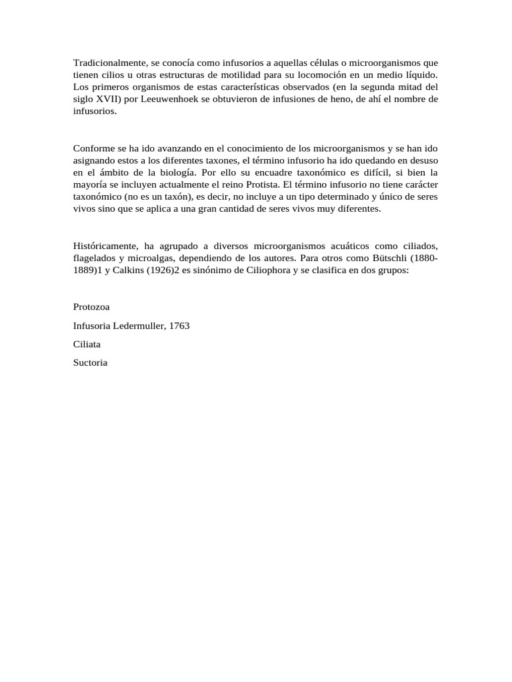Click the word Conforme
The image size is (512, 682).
93,148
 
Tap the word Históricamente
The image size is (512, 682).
107,245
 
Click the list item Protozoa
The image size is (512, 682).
91,307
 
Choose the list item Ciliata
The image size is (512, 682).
87,344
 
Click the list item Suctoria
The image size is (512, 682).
90,363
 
